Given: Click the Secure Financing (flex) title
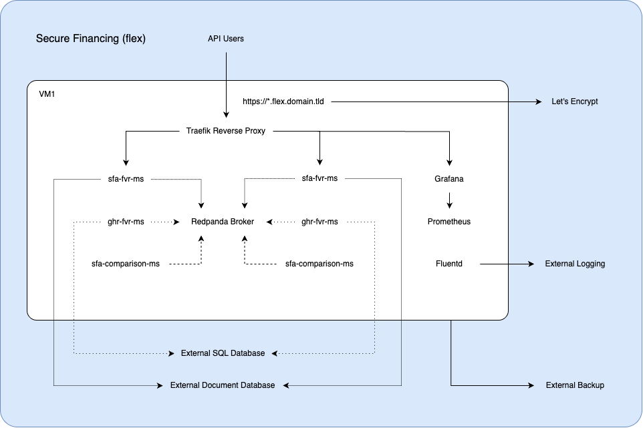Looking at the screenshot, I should pyautogui.click(x=91, y=39).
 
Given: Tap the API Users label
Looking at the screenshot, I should pyautogui.click(x=226, y=39).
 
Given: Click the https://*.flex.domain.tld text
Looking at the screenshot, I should pyautogui.click(x=283, y=102).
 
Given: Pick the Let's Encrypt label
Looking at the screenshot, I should pyautogui.click(x=574, y=102).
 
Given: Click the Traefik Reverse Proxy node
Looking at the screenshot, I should pyautogui.click(x=226, y=131).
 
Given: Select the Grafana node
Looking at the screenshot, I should pyautogui.click(x=449, y=179).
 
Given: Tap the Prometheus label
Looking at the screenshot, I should pyautogui.click(x=449, y=222).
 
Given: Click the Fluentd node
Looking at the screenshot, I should pyautogui.click(x=449, y=264).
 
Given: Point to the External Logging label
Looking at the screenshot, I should pyautogui.click(x=575, y=264).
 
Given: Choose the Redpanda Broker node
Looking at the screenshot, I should pyautogui.click(x=223, y=222).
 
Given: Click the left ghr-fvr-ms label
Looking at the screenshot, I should pyautogui.click(x=126, y=222).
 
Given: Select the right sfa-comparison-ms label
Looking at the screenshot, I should pyautogui.click(x=319, y=264).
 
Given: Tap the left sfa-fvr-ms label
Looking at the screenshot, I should pyautogui.click(x=126, y=179).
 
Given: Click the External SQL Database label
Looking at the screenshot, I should pyautogui.click(x=223, y=353).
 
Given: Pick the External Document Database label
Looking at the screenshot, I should pyautogui.click(x=223, y=385).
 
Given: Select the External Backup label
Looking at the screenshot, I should pyautogui.click(x=575, y=385).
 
